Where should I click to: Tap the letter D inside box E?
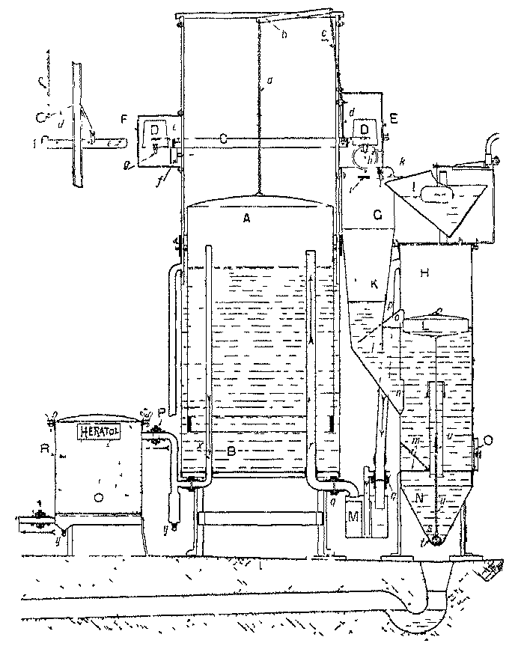(x=366, y=130)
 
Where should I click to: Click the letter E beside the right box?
(x=394, y=118)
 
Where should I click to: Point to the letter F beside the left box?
(x=125, y=119)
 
